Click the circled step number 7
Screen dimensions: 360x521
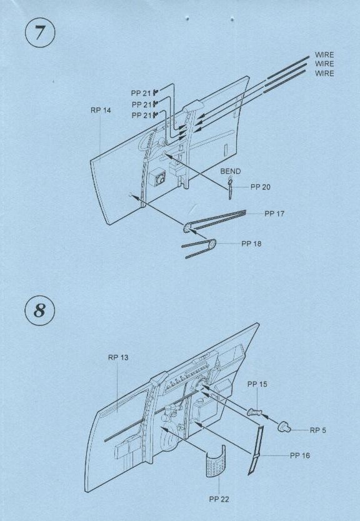[x=40, y=32]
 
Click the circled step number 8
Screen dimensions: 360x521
[x=40, y=310]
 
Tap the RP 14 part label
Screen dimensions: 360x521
[x=101, y=111]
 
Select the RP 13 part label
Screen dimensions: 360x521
[x=118, y=357]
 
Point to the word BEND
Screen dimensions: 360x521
[x=231, y=171]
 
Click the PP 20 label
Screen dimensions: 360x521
[x=260, y=187]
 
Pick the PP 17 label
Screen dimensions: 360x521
[x=274, y=214]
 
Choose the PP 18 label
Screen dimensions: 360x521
[x=251, y=244]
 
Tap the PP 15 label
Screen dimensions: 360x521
[x=257, y=384]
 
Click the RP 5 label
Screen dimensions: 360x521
[x=317, y=430]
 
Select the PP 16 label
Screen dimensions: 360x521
[x=300, y=455]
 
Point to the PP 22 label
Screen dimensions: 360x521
[x=219, y=499]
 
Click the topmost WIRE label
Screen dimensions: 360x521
[x=324, y=55]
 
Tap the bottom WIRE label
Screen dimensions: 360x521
[x=324, y=73]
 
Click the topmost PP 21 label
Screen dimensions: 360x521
[x=141, y=93]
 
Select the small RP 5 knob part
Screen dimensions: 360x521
[x=284, y=427]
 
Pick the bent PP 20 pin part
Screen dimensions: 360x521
[x=230, y=188]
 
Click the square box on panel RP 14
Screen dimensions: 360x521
[x=159, y=179]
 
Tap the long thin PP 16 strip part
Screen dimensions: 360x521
[x=256, y=450]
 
